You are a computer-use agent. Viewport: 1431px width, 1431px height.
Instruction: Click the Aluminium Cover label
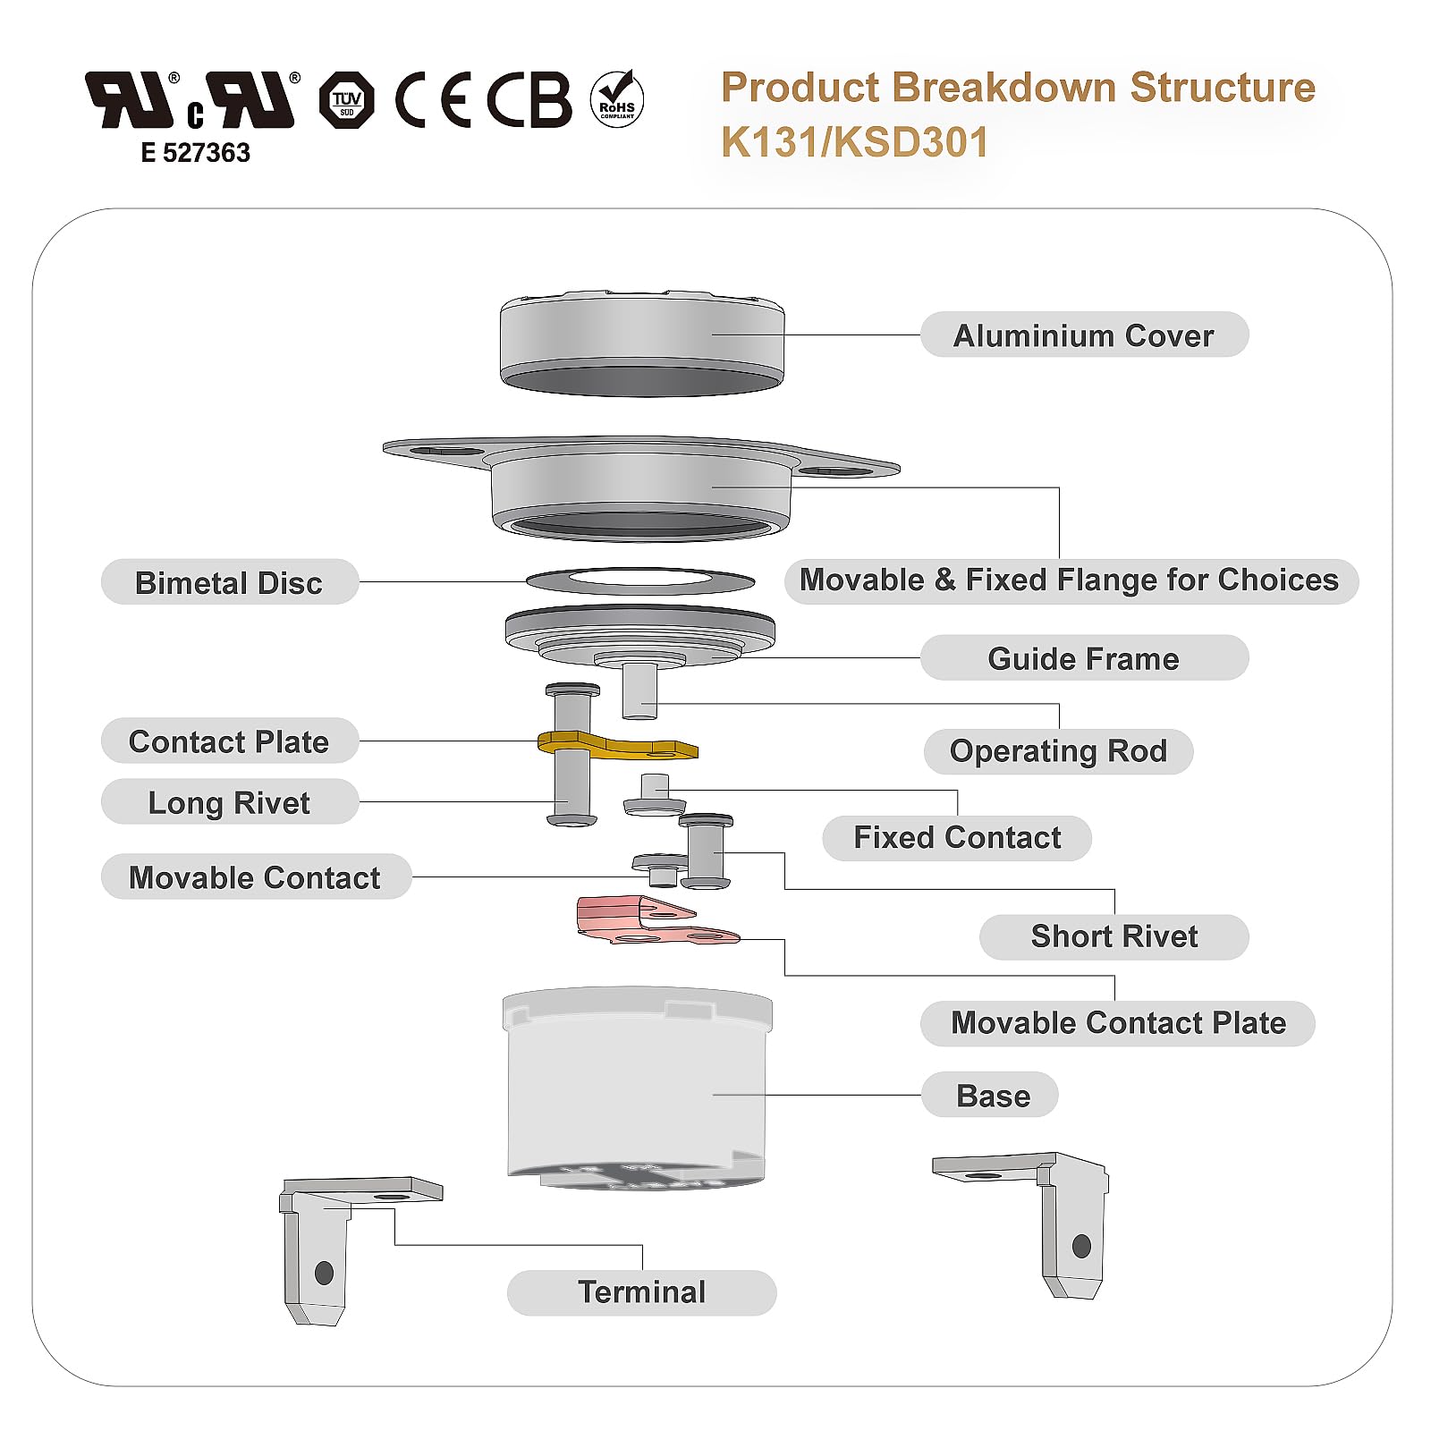coord(1083,335)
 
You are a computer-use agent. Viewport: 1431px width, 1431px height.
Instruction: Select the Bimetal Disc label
coord(229,582)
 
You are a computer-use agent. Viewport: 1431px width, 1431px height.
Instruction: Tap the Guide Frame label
coord(1083,658)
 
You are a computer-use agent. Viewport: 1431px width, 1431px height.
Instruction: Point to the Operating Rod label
coord(1058,751)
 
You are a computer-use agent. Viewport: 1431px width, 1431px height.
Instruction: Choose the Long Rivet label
coord(229,802)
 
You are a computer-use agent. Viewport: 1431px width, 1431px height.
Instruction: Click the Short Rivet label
coord(1113,936)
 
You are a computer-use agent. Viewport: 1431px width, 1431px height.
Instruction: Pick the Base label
coord(992,1096)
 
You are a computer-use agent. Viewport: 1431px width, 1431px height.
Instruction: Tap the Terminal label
coord(641,1292)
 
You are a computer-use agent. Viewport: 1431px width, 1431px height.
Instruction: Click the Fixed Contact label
coord(957,838)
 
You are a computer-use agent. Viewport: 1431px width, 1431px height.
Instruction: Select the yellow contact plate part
coord(617,745)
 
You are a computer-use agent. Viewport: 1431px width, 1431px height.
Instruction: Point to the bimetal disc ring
coord(640,582)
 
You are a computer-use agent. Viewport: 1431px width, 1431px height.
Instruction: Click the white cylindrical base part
coord(637,1087)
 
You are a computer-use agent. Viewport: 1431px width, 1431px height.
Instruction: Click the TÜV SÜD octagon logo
coord(347,100)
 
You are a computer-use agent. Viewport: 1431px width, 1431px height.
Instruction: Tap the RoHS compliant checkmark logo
coord(617,98)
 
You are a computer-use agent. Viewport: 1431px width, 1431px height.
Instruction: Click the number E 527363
coord(195,153)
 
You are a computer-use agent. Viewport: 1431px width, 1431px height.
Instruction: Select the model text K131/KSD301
coord(854,142)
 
